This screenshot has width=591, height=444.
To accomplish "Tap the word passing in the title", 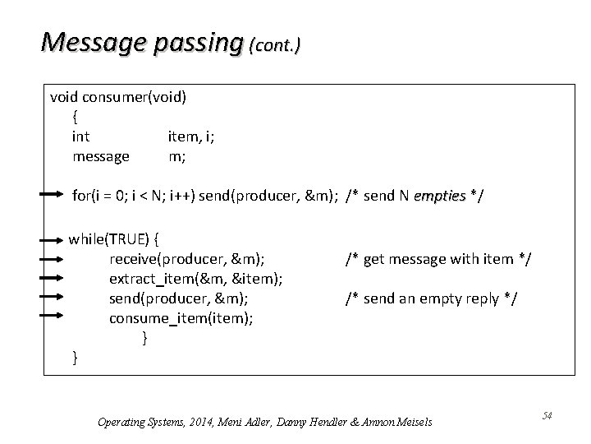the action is [x=196, y=40].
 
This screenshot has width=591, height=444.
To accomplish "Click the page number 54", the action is [x=547, y=416].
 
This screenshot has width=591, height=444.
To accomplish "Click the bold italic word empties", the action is [x=440, y=196].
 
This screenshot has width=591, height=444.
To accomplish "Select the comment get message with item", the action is [x=438, y=259].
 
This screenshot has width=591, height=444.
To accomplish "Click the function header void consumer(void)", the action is [x=118, y=96].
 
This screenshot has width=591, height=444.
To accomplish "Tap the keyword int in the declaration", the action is [x=81, y=136].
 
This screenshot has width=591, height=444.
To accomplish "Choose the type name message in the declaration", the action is [x=101, y=155].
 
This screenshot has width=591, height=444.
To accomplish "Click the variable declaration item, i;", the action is [x=192, y=136].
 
